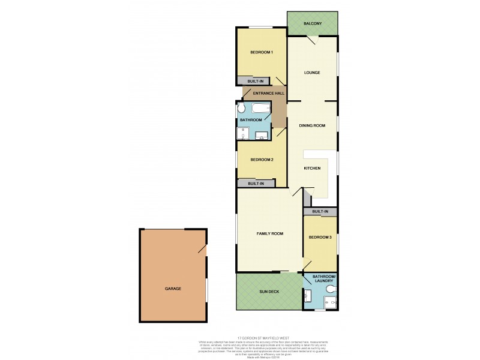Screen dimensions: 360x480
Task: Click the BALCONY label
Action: (312, 23)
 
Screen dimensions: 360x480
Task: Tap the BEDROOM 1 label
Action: (262, 52)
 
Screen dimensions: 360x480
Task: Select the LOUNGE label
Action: (311, 73)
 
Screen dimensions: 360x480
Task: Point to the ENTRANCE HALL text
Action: (269, 94)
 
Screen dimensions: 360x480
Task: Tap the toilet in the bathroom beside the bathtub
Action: (241, 109)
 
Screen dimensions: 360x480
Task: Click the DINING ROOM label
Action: (312, 125)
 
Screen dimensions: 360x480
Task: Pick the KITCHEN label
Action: (312, 168)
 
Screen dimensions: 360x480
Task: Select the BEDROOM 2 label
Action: (262, 160)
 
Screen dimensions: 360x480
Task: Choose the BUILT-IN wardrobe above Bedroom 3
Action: (320, 212)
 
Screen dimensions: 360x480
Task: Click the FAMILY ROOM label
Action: (270, 233)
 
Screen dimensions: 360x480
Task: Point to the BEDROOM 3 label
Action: (320, 238)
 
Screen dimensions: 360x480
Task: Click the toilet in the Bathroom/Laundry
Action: (329, 290)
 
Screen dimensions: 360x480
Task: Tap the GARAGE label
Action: (173, 289)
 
